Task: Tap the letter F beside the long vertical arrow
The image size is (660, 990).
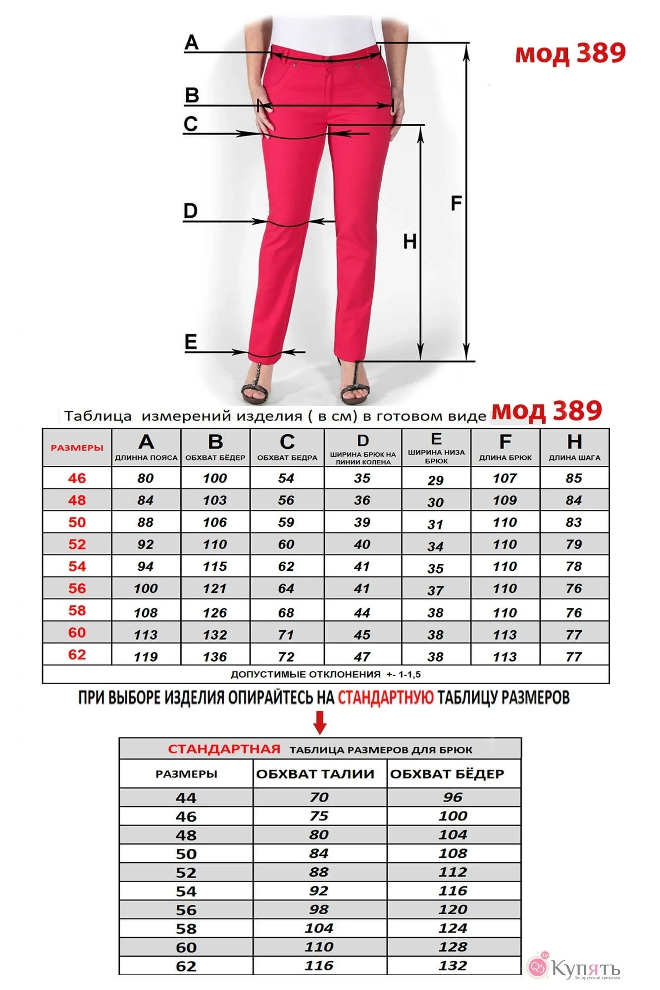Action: point(456,203)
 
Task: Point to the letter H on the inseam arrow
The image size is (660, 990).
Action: point(409,242)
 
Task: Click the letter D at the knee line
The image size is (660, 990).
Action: point(190,211)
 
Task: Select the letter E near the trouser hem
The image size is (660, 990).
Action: point(191,342)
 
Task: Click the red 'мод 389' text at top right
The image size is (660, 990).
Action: point(570,53)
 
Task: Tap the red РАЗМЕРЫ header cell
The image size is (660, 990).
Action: point(77,447)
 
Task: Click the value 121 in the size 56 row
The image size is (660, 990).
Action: point(215,589)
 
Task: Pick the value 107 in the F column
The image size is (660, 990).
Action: point(505,478)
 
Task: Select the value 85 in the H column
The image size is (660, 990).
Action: point(574,478)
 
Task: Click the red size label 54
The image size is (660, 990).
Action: point(77,566)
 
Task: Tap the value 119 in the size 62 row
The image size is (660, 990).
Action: point(146,657)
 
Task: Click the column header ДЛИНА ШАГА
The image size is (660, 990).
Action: point(574,458)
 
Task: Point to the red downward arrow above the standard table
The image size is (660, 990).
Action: point(320,722)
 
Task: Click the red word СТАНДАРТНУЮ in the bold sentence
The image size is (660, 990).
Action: point(386,697)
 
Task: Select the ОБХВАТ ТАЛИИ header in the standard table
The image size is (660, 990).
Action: point(315,774)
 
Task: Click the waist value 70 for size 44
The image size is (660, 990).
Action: point(319,797)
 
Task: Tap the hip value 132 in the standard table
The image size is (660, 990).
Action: point(453,965)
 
